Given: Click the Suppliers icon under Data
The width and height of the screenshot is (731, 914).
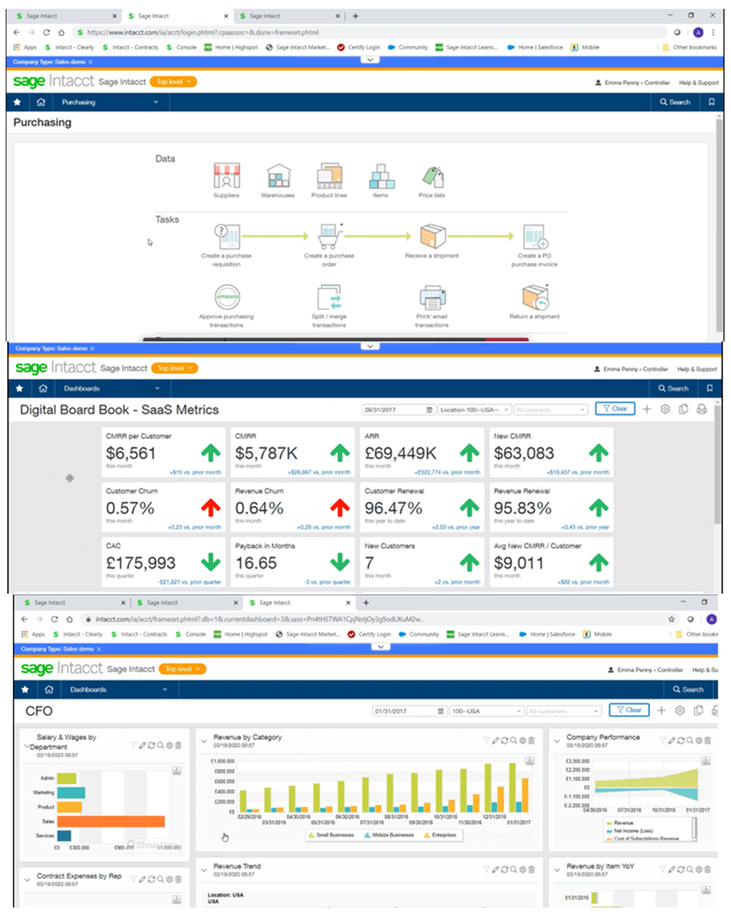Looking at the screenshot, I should click(226, 176).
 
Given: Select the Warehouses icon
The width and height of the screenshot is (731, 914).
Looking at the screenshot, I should click(278, 176).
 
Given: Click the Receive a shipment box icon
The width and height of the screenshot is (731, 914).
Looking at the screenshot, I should click(432, 237).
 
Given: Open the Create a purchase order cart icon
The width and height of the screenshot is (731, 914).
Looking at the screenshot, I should click(330, 237).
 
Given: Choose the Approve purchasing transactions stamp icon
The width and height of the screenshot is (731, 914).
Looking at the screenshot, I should click(227, 297).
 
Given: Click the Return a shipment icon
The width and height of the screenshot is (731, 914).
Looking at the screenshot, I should click(535, 297).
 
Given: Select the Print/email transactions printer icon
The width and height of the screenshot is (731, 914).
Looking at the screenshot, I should click(432, 297).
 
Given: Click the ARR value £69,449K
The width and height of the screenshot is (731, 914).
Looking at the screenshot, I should click(400, 453).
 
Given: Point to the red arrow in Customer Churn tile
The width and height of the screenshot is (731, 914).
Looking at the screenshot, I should click(210, 508).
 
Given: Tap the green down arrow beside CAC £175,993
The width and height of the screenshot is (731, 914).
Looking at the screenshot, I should click(210, 562).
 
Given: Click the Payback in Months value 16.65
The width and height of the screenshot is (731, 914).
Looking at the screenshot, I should click(256, 563).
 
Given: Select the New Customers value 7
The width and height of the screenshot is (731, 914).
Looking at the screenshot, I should click(369, 563).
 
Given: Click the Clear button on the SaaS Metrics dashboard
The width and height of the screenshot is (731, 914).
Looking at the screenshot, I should click(615, 409).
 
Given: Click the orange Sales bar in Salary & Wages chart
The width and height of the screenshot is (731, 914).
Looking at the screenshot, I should click(111, 821).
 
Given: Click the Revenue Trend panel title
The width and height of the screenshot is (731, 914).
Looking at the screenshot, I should click(237, 866).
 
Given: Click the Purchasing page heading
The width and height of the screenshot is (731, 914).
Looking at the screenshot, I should click(42, 122).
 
